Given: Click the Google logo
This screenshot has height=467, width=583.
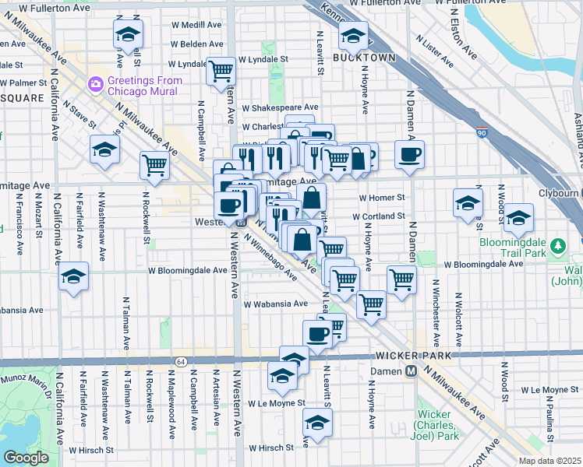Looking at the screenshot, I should point(26,458).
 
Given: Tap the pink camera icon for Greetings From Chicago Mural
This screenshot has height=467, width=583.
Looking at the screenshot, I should point(96,83).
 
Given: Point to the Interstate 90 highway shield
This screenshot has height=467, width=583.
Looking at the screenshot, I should point(482,133).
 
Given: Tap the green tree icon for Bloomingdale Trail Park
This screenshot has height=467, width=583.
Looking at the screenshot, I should point(556,247).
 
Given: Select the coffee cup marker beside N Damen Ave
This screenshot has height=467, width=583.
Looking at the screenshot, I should point(409,153).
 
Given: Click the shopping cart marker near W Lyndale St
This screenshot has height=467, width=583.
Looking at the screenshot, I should point(221,71).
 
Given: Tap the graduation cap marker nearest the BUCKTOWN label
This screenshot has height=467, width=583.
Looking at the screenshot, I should point(353,35).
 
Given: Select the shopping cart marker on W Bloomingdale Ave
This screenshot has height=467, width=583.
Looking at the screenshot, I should point(401,279).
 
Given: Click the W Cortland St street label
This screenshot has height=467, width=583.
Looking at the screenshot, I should point(379,216).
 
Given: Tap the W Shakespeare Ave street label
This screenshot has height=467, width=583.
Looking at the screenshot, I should point(280,107).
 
